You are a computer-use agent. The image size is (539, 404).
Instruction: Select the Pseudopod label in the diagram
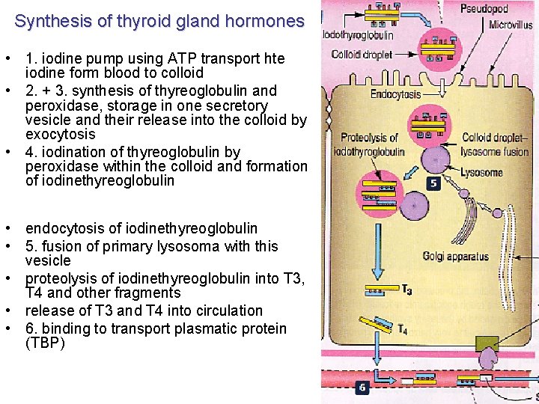[484, 9]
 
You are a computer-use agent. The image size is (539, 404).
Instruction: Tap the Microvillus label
[511, 25]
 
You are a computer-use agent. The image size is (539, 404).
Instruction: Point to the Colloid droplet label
[362, 55]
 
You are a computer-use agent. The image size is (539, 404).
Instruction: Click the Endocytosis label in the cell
[396, 94]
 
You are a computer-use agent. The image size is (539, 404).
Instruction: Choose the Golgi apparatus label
[455, 257]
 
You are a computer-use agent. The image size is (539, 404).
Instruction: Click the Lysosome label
[481, 172]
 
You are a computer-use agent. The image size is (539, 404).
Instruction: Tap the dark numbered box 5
[433, 182]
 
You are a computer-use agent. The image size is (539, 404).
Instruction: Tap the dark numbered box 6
[362, 388]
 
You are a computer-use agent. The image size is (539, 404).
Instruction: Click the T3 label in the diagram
[406, 290]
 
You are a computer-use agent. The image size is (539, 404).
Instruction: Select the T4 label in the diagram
[402, 329]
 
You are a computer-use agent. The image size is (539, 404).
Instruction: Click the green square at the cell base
[487, 344]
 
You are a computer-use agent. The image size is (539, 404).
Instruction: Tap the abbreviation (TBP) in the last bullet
[46, 343]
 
